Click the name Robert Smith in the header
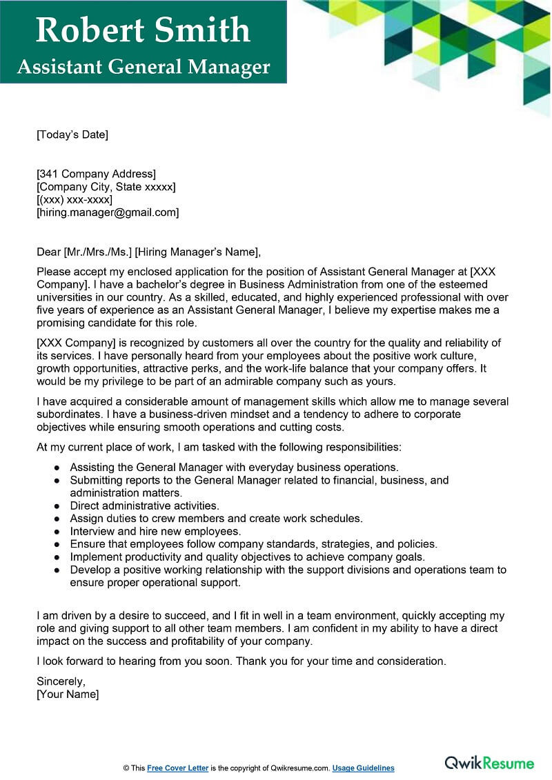(x=143, y=30)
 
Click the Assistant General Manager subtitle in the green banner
(x=143, y=67)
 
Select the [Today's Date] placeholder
(x=72, y=134)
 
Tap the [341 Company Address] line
(x=96, y=174)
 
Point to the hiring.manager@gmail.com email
(x=108, y=212)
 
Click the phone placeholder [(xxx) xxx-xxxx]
(x=75, y=200)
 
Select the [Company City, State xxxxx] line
(x=106, y=187)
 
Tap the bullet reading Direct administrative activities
(x=144, y=506)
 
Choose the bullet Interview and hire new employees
(x=155, y=531)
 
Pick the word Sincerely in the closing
(x=61, y=681)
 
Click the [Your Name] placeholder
(x=68, y=694)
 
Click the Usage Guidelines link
(x=363, y=768)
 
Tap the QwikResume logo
(x=489, y=763)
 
